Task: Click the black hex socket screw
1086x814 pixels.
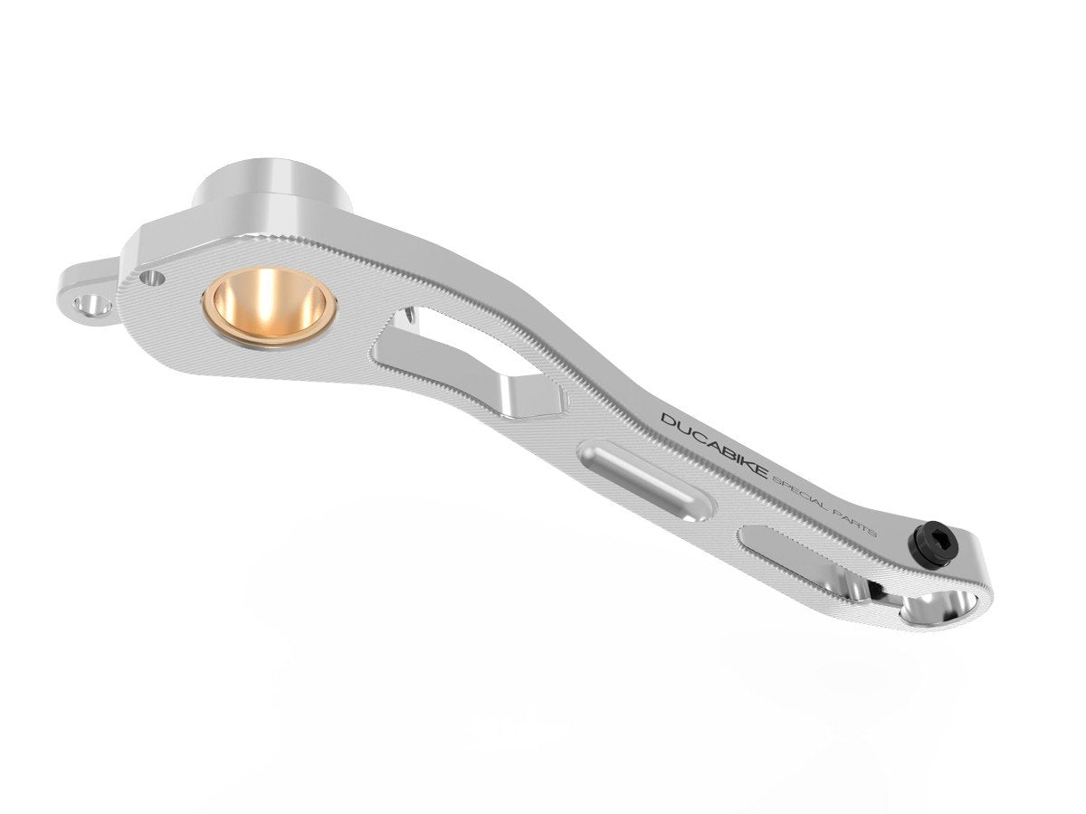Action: click(x=932, y=547)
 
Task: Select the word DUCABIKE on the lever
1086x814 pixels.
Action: click(x=714, y=445)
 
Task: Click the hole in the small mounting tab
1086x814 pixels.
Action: click(x=92, y=304)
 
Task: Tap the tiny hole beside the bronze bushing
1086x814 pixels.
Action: click(x=155, y=278)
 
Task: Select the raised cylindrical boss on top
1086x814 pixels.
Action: click(x=271, y=185)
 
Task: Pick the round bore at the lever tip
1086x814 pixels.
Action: click(x=941, y=607)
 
